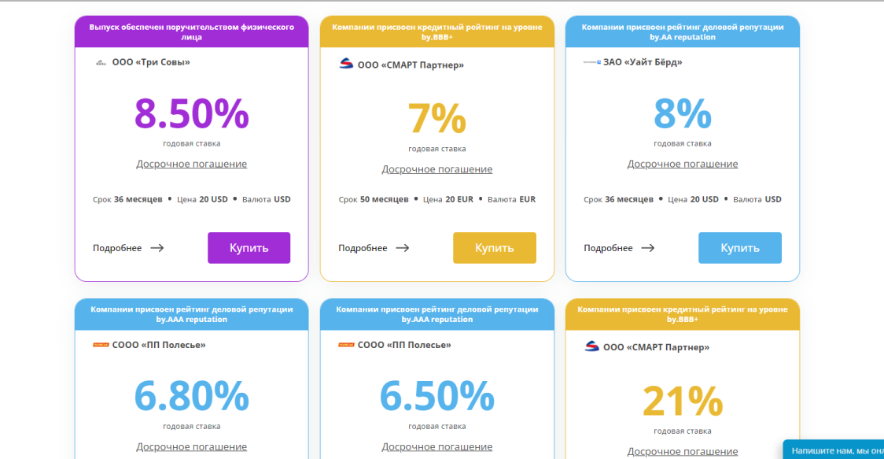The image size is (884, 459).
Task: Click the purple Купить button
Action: click(249, 247)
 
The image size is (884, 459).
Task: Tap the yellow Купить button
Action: click(494, 247)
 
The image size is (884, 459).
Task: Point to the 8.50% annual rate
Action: click(191, 113)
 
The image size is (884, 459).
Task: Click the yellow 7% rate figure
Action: click(436, 119)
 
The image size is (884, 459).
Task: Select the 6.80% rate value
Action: click(191, 396)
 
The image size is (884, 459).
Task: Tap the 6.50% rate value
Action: click(436, 396)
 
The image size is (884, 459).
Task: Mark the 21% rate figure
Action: click(682, 402)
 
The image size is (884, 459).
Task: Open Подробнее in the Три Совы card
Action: click(117, 248)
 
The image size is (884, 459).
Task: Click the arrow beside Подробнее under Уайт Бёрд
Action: click(647, 248)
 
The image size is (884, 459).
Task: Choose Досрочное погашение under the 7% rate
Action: click(436, 169)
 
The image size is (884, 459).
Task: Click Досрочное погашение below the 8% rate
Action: click(682, 164)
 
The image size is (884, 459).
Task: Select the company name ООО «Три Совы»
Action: click(151, 62)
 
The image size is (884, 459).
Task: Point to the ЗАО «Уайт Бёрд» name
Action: click(643, 62)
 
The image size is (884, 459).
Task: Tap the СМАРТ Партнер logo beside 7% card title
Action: click(346, 65)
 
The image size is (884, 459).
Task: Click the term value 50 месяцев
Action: click(384, 199)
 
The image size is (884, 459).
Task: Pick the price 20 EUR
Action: click(459, 199)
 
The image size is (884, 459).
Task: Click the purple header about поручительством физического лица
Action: click(191, 31)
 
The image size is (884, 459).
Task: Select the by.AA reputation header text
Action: click(682, 37)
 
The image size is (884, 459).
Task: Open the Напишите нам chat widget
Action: click(835, 450)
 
